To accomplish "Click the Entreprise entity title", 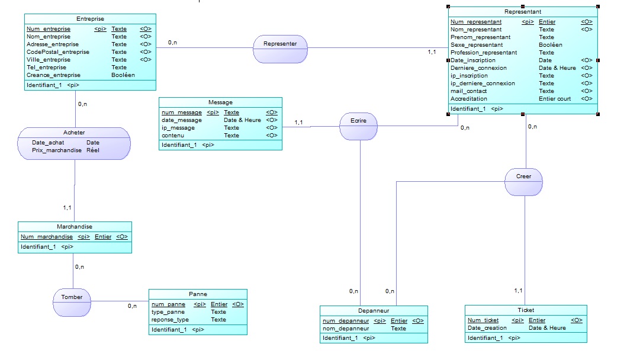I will pos(91,19).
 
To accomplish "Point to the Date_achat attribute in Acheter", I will pos(48,143).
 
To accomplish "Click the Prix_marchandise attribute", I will pos(57,150).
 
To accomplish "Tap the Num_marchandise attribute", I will pos(47,237).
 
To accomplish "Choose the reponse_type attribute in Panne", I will pos(171,320).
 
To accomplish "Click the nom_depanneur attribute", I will pos(346,328).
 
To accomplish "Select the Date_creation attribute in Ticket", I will pos(487,328).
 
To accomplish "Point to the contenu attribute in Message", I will pos(173,136).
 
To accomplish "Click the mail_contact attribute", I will pos(469,91).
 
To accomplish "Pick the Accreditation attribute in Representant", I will pos(470,99).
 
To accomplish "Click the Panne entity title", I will pos(198,294).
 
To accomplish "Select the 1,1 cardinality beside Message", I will pos(298,123).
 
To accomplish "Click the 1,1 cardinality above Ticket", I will pos(518,291).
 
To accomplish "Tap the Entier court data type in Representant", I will pos(555,99).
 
